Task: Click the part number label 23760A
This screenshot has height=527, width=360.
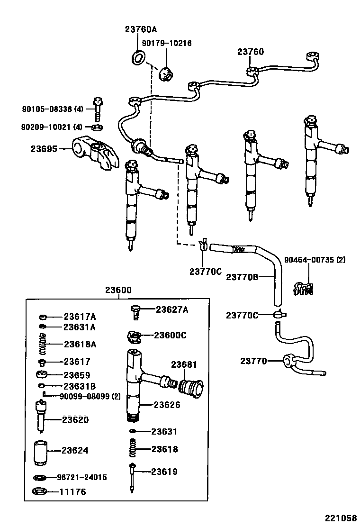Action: tap(140, 29)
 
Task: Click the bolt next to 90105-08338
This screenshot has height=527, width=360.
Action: tap(99, 109)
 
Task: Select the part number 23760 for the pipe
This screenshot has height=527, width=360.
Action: tap(251, 52)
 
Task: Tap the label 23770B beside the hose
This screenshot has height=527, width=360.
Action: tap(242, 277)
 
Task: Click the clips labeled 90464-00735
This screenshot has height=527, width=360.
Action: tap(304, 288)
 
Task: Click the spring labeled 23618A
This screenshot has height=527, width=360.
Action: tap(43, 344)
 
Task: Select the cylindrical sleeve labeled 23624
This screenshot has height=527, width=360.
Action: tap(40, 451)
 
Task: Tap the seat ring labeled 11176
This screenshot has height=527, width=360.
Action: tap(40, 491)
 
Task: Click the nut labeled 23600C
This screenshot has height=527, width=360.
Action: tap(135, 337)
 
